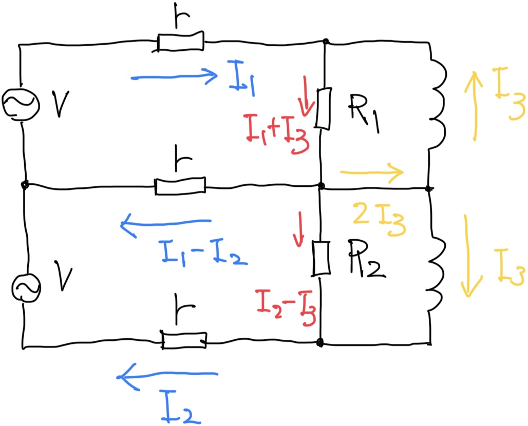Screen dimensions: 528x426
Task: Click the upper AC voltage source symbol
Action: point(21,104)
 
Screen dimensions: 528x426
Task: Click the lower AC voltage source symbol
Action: point(26,288)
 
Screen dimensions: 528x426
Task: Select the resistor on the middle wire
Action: point(180,186)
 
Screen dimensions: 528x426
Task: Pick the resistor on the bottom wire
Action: point(184,340)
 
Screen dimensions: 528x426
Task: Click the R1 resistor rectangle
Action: point(323,108)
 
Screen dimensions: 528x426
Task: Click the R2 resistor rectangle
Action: point(320,259)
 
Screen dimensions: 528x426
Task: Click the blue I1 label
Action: point(241,79)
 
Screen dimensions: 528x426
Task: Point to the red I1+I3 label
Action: point(277,133)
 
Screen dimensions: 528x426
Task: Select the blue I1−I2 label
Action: point(204,254)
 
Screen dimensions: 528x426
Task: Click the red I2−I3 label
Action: point(286,307)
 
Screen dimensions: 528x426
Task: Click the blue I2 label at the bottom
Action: point(181,407)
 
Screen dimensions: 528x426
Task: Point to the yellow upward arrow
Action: point(474,106)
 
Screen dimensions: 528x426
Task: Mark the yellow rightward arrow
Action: point(372,172)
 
